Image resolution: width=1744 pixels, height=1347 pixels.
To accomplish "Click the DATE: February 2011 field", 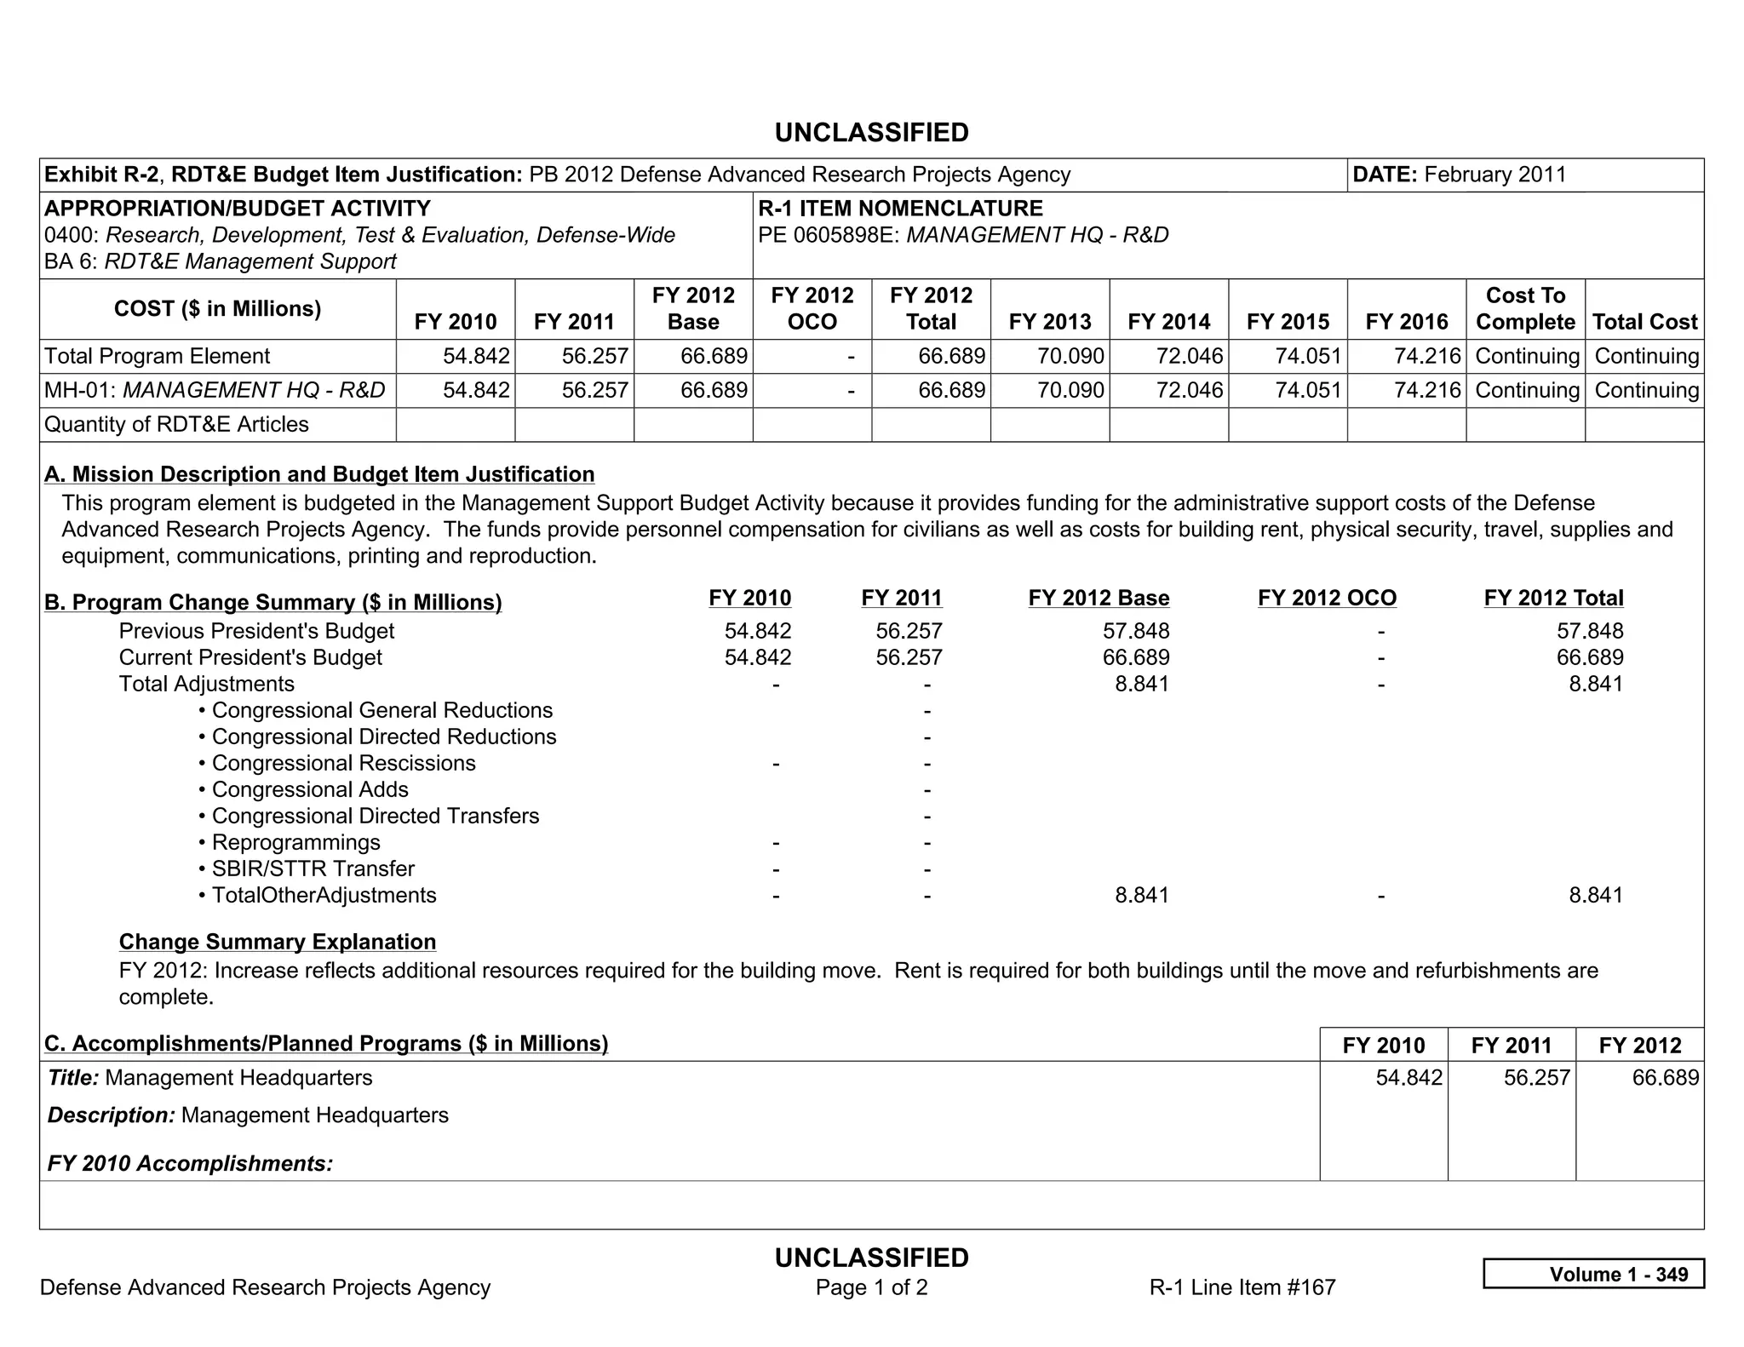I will (1459, 175).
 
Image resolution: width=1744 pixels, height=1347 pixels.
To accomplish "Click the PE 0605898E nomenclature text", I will (962, 235).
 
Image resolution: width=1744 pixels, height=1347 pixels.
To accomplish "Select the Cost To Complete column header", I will (1524, 308).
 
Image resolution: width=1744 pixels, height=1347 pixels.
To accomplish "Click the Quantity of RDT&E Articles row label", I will (176, 424).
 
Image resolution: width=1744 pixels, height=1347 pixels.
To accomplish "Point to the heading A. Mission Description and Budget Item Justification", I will (319, 474).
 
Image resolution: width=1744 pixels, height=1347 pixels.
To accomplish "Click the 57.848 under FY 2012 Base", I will (1142, 631).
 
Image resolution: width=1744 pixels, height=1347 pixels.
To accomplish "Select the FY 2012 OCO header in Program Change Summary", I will (1327, 598).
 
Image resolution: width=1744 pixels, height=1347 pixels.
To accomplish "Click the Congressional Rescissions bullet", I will (342, 763).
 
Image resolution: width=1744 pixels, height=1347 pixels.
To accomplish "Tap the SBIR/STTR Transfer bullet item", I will (312, 868).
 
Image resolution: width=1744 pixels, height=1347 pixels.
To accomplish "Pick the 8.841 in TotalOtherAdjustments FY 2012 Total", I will (1595, 895).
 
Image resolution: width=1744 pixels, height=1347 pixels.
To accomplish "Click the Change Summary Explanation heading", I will (278, 942).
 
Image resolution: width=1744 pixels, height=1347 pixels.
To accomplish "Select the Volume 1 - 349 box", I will (1593, 1274).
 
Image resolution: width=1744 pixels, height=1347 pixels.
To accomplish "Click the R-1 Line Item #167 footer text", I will (1242, 1287).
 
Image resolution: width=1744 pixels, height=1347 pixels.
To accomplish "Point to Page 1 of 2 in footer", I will (871, 1287).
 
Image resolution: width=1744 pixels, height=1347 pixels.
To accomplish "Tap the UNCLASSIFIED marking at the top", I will (871, 133).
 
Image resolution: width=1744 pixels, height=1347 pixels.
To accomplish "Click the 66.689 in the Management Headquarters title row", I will (1664, 1078).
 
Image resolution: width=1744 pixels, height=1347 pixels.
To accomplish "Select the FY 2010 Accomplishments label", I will (190, 1163).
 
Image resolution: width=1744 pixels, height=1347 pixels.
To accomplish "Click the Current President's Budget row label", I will (250, 657).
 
